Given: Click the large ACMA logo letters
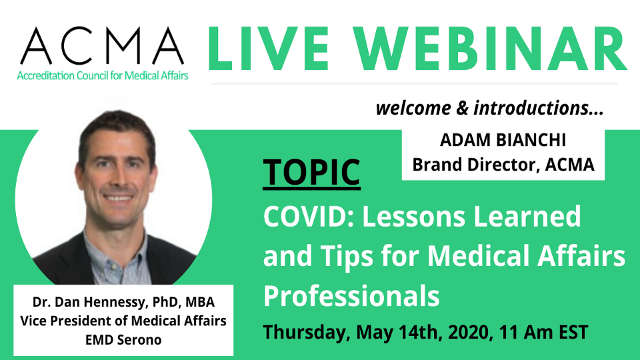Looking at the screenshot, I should pos(102,44).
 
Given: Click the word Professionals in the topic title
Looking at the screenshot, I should pos(351,296).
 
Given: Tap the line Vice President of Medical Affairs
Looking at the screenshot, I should pos(124,321).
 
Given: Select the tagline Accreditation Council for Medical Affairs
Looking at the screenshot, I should pos(102,75).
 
